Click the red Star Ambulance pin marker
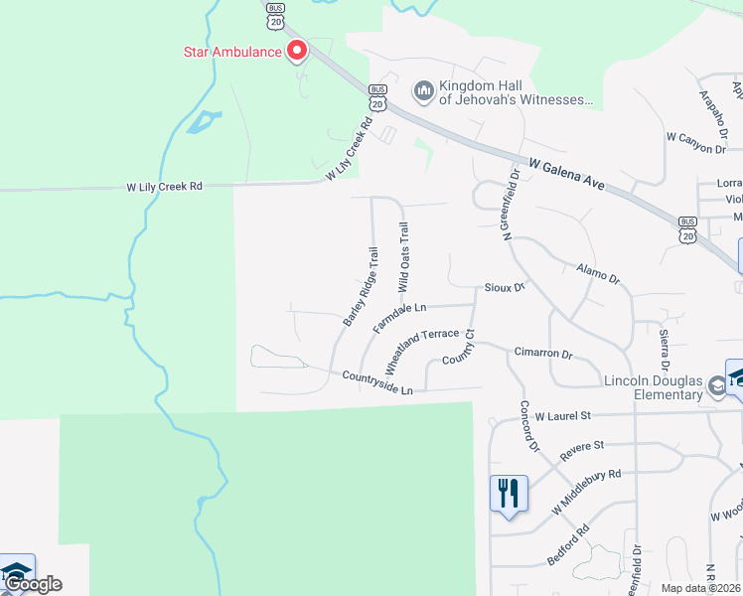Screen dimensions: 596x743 tap(296, 51)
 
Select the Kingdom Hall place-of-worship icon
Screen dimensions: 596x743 tap(424, 92)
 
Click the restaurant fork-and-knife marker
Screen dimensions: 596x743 tap(509, 494)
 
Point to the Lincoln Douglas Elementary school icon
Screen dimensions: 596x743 tap(717, 382)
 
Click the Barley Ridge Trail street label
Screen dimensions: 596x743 tap(362, 287)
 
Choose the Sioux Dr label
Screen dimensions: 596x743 tap(504, 288)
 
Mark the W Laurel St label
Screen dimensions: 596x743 tap(563, 415)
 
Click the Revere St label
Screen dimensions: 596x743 tap(582, 447)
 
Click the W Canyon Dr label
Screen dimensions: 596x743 tap(696, 141)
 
